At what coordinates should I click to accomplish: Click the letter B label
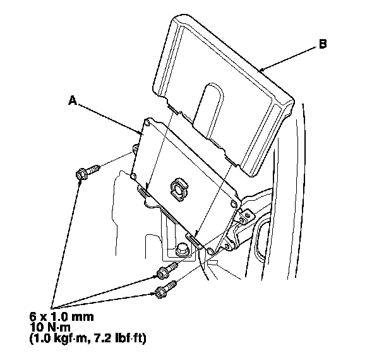[322, 45]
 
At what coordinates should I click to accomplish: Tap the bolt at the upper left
[87, 172]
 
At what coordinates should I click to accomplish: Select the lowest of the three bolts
[164, 291]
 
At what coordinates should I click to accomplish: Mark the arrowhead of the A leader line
[143, 132]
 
